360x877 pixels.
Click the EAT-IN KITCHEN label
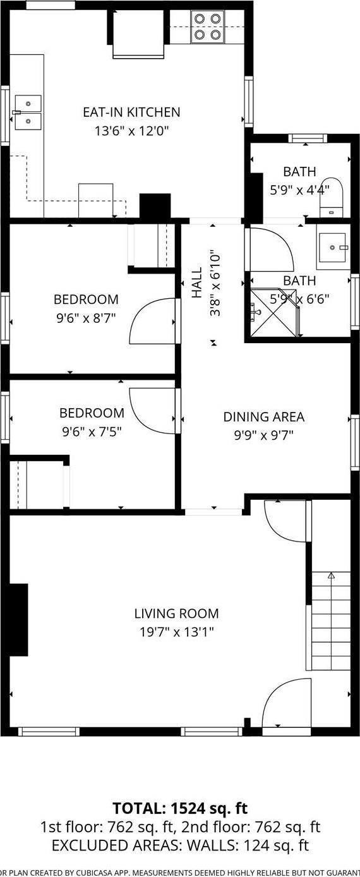tap(131, 112)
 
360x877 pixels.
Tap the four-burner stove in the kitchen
tap(208, 27)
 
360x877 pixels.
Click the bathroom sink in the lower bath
tap(333, 247)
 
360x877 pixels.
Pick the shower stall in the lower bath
tap(273, 311)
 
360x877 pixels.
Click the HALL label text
tap(198, 282)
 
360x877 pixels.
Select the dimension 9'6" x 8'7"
tap(86, 317)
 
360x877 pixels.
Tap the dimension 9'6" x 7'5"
tap(92, 432)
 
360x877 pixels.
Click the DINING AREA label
tap(263, 417)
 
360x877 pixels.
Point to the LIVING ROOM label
tap(176, 614)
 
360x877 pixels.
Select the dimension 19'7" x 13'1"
tap(176, 632)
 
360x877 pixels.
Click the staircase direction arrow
tap(330, 576)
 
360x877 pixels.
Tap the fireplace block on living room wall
tap(18, 619)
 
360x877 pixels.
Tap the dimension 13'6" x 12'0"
tap(131, 131)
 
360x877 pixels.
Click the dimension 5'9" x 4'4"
tap(299, 190)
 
